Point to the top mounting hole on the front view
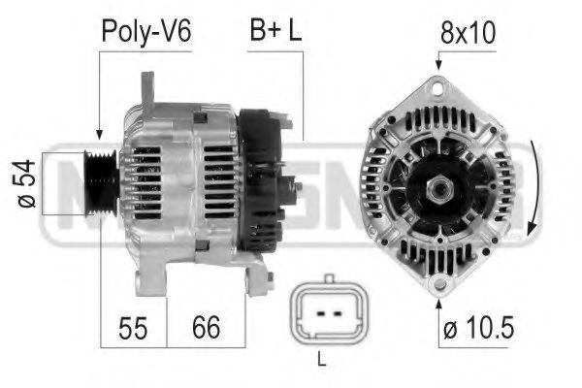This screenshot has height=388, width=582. click(439, 88)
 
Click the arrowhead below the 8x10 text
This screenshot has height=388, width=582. click(439, 64)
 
